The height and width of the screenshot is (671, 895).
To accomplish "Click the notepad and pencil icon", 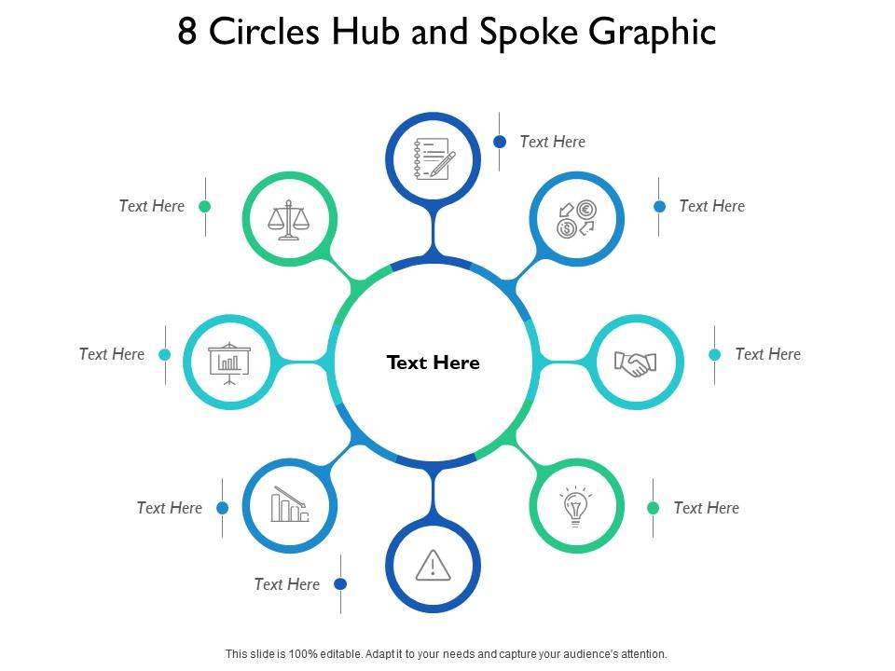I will click(x=434, y=158).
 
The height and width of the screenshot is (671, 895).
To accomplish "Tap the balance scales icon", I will click(x=289, y=221).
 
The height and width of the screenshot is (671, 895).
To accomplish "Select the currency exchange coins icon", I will click(x=576, y=220).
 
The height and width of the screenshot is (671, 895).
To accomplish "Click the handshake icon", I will click(x=636, y=363).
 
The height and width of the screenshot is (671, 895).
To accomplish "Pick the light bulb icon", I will click(x=575, y=507).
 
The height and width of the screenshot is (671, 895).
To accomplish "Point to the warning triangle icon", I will click(x=433, y=565).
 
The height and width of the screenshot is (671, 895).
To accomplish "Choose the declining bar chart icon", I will click(x=290, y=505).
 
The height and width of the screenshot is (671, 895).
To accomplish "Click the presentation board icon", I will click(x=229, y=363).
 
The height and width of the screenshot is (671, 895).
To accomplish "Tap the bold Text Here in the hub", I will click(x=434, y=363).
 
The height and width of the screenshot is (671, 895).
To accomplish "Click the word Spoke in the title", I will click(x=529, y=32).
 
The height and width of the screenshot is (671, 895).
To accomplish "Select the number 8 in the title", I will click(x=187, y=32).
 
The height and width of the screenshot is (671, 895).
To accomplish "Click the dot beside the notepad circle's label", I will click(x=500, y=142).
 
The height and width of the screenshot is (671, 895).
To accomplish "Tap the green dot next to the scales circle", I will click(x=205, y=206).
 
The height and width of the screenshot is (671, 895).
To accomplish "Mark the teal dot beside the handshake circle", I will click(x=715, y=354).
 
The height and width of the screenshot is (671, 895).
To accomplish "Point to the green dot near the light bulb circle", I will click(x=654, y=508).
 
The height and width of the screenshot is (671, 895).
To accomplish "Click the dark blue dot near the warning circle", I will click(x=341, y=584).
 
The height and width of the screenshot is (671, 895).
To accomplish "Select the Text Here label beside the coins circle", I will click(x=711, y=206).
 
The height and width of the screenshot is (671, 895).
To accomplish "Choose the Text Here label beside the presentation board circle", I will click(x=112, y=354).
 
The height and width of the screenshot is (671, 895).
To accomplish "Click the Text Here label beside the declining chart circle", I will click(x=169, y=508).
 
